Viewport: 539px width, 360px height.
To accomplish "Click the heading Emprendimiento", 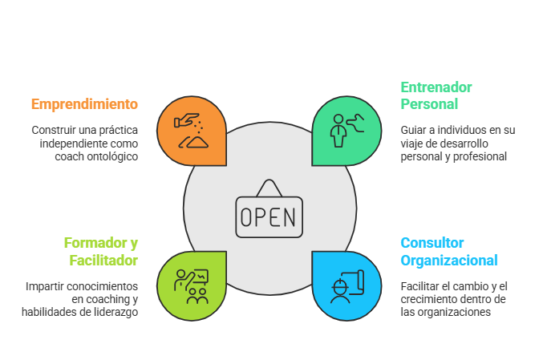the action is [x=84, y=104].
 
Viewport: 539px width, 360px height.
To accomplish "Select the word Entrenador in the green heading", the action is [x=436, y=87].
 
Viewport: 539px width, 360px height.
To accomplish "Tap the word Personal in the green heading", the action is [x=429, y=104].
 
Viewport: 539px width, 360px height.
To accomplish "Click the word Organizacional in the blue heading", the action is [x=448, y=260].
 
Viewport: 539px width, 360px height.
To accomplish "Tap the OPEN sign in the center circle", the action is [x=269, y=212].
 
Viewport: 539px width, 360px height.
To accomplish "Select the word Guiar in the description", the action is [x=414, y=130].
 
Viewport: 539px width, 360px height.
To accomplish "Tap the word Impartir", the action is [x=45, y=285].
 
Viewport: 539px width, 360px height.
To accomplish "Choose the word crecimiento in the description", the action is [x=429, y=299].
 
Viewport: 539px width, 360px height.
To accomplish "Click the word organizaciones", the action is [x=454, y=312].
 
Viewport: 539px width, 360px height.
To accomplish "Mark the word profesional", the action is [x=484, y=157].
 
